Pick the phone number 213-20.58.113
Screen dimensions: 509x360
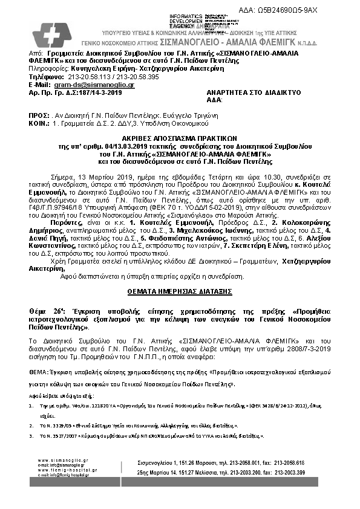pos(90,78)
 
